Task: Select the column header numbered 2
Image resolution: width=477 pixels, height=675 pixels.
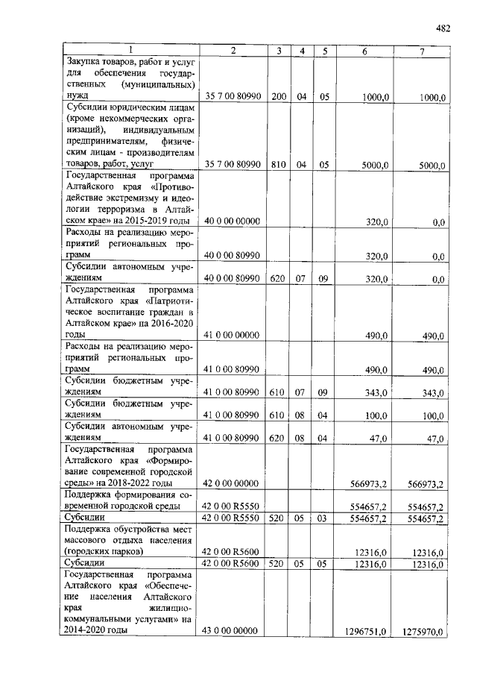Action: pos(233,51)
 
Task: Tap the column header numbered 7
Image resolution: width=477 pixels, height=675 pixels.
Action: pos(421,51)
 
